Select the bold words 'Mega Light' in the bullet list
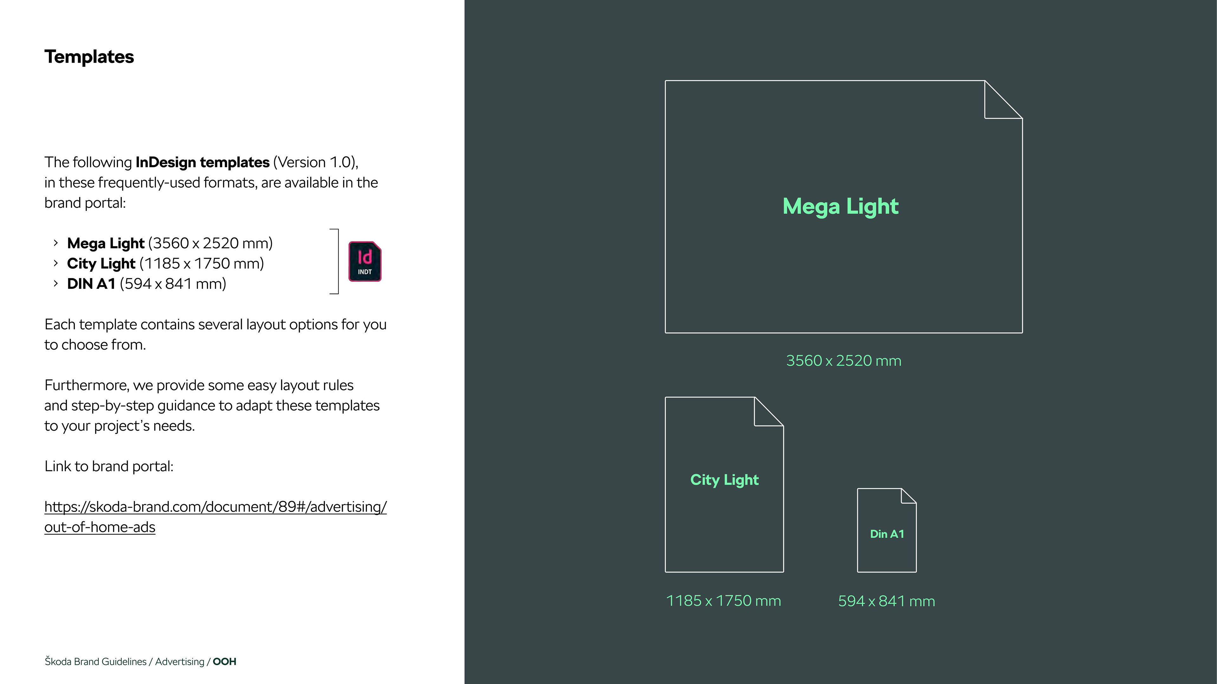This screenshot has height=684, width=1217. click(105, 243)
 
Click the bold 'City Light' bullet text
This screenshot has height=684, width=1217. click(101, 263)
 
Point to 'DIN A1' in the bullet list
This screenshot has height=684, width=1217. click(91, 284)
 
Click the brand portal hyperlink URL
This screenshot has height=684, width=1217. click(216, 507)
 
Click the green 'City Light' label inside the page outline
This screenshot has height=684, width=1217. click(724, 480)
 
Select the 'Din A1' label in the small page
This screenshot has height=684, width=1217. click(887, 534)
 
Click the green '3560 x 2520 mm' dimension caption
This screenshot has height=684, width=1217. click(843, 361)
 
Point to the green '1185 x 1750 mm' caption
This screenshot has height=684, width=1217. click(723, 601)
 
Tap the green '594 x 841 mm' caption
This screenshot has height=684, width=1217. click(886, 601)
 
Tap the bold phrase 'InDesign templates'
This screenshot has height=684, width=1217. click(202, 162)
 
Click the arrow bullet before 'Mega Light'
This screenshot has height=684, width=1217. click(56, 243)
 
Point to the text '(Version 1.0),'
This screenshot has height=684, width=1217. click(316, 162)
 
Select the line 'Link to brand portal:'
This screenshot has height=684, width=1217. click(109, 466)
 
